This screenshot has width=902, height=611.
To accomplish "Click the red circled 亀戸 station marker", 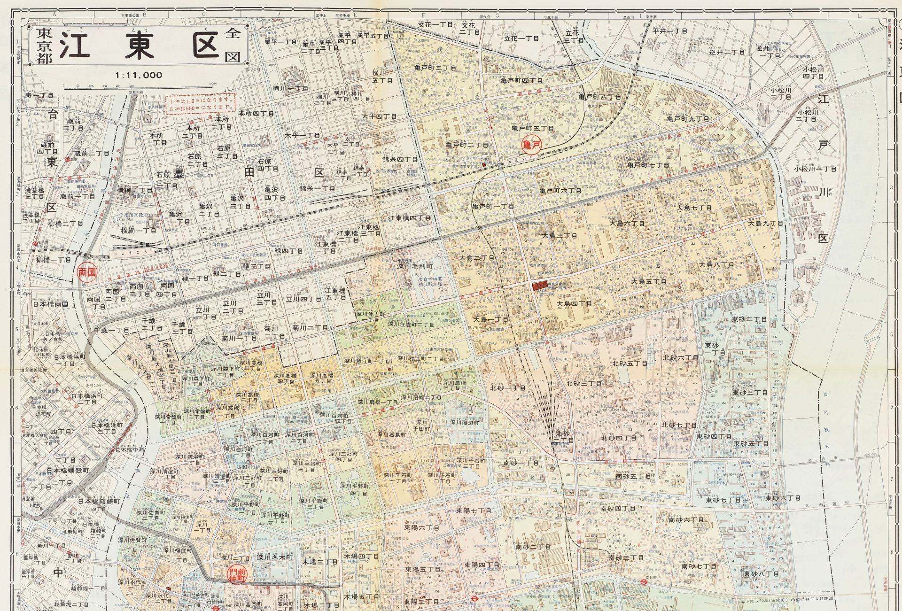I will click(532, 146).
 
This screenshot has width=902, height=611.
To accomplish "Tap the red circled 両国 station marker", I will click(87, 272).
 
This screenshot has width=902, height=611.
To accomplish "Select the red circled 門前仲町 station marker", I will click(237, 575).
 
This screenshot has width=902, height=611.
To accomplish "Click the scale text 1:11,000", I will click(139, 75).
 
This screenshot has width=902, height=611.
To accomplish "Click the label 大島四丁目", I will click(574, 304).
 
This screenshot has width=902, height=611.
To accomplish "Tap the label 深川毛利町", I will click(415, 266).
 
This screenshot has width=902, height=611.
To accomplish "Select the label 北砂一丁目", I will click(507, 388).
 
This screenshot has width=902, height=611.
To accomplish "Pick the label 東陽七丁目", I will click(474, 510).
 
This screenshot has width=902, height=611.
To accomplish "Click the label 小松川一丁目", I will click(815, 169).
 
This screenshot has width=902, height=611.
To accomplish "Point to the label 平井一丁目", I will click(670, 31).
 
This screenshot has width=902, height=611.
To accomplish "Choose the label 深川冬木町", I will click(274, 558).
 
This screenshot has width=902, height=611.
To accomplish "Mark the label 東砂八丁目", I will click(761, 574).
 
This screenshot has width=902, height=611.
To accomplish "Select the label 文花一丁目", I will click(435, 24).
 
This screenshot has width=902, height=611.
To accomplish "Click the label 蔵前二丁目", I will click(92, 154).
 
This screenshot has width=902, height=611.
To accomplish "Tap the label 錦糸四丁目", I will click(400, 160).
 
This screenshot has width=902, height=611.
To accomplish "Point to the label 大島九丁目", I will click(765, 224).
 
